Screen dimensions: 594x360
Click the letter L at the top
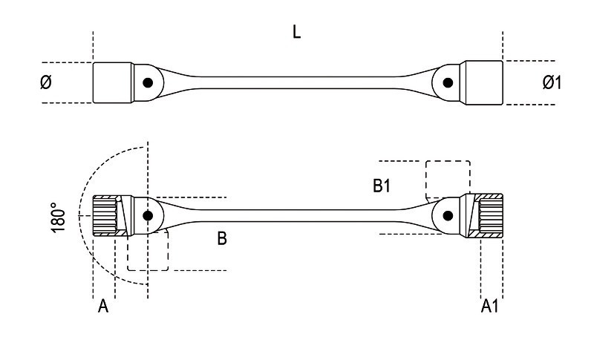[x=296, y=32]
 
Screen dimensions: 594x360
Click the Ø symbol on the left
[x=46, y=82]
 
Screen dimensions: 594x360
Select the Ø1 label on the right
[x=552, y=82]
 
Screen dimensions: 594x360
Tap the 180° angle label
[x=58, y=217]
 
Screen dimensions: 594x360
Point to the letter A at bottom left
[x=103, y=306]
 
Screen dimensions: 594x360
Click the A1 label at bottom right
[x=490, y=306]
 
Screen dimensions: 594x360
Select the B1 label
[x=382, y=186]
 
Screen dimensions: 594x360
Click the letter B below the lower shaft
[x=222, y=238]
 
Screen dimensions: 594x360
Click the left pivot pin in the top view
[x=148, y=82]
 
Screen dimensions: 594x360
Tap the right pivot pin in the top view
[x=448, y=82]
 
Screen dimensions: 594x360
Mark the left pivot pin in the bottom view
[x=148, y=216]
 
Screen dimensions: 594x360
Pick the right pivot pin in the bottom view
[x=448, y=216]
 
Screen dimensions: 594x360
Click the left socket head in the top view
[x=113, y=82]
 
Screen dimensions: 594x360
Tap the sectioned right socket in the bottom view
[x=484, y=216]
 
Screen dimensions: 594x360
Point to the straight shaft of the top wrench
[x=296, y=82]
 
